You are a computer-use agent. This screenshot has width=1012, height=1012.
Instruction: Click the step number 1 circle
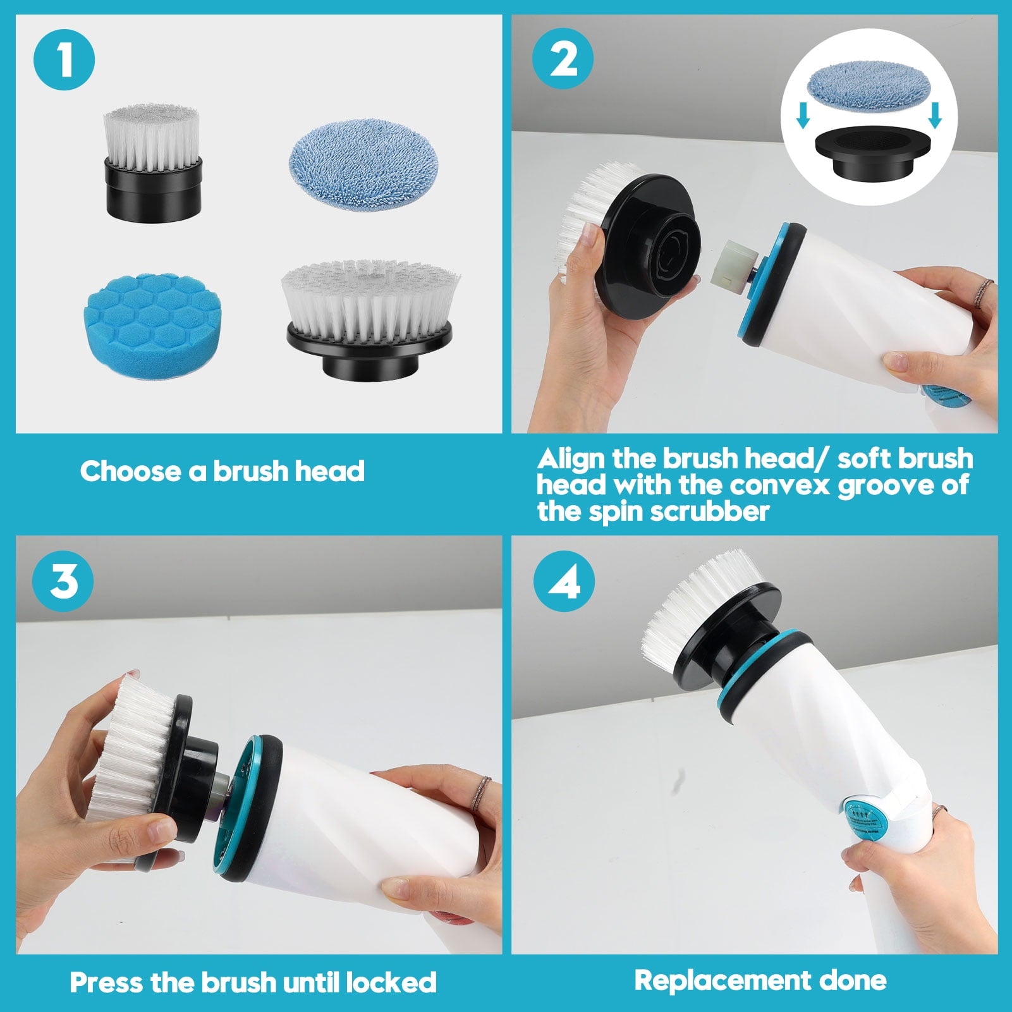click(x=64, y=61)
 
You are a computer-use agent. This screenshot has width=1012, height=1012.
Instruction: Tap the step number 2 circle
click(x=563, y=61)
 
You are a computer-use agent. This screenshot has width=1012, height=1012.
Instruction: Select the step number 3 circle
click(x=64, y=580)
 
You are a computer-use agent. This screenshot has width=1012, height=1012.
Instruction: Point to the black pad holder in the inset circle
click(x=872, y=154)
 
